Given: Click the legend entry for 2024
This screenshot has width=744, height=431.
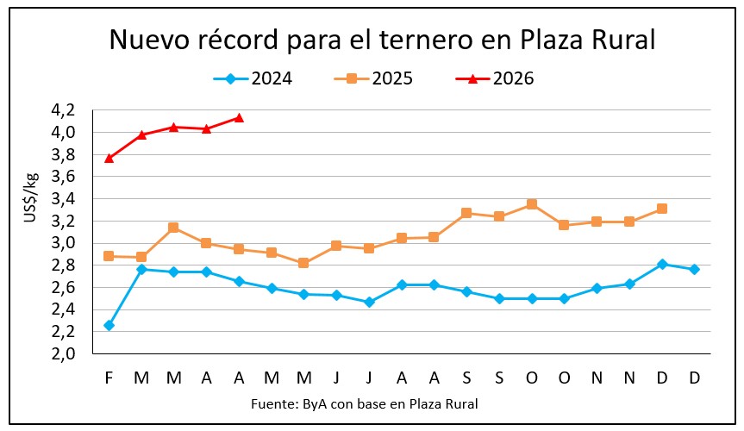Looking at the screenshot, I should pyautogui.click(x=253, y=78).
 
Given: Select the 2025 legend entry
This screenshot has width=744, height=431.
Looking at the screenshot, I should pyautogui.click(x=373, y=78).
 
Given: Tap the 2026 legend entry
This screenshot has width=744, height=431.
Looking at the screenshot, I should pyautogui.click(x=495, y=78).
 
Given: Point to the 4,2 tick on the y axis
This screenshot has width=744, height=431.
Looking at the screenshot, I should pyautogui.click(x=63, y=110).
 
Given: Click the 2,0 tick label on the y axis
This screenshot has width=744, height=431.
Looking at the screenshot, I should pyautogui.click(x=63, y=353).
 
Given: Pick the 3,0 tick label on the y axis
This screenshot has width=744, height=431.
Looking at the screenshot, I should pyautogui.click(x=63, y=243).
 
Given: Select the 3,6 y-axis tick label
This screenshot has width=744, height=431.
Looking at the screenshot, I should pyautogui.click(x=63, y=177).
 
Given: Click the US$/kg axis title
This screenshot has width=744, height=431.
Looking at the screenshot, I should pyautogui.click(x=32, y=197).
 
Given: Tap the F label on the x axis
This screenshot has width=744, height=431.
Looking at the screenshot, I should pyautogui.click(x=109, y=378).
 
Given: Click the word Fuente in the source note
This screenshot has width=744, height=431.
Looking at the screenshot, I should pyautogui.click(x=272, y=403).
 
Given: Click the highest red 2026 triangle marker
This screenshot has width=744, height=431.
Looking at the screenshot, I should pyautogui.click(x=239, y=117).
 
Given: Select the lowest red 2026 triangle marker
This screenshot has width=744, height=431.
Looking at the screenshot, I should pyautogui.click(x=109, y=158).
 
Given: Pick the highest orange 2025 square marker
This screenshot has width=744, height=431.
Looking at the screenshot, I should pyautogui.click(x=532, y=204).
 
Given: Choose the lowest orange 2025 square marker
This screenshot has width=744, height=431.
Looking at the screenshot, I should pyautogui.click(x=303, y=263).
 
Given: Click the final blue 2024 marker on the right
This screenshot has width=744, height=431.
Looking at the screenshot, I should pyautogui.click(x=694, y=270).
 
